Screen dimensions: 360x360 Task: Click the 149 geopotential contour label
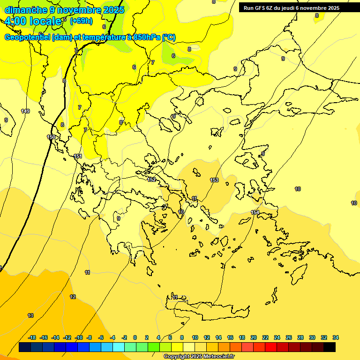25,111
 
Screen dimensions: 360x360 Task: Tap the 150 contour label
51,137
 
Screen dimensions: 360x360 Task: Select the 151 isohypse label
78,156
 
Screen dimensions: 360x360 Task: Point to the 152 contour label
151,180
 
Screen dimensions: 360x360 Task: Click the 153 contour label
214,180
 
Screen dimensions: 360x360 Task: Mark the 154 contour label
255,212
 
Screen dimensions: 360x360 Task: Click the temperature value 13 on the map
30,315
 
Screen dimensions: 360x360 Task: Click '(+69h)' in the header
81,21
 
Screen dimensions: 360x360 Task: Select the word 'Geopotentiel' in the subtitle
28,37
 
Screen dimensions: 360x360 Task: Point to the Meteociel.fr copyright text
199,357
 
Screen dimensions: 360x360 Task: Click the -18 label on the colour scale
32,337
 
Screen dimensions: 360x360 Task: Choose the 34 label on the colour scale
336,337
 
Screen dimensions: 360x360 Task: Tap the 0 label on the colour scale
135,337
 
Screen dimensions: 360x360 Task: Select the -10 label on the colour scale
79,337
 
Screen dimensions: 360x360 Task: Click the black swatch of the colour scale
330,347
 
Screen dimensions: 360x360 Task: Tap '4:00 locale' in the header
34,22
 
